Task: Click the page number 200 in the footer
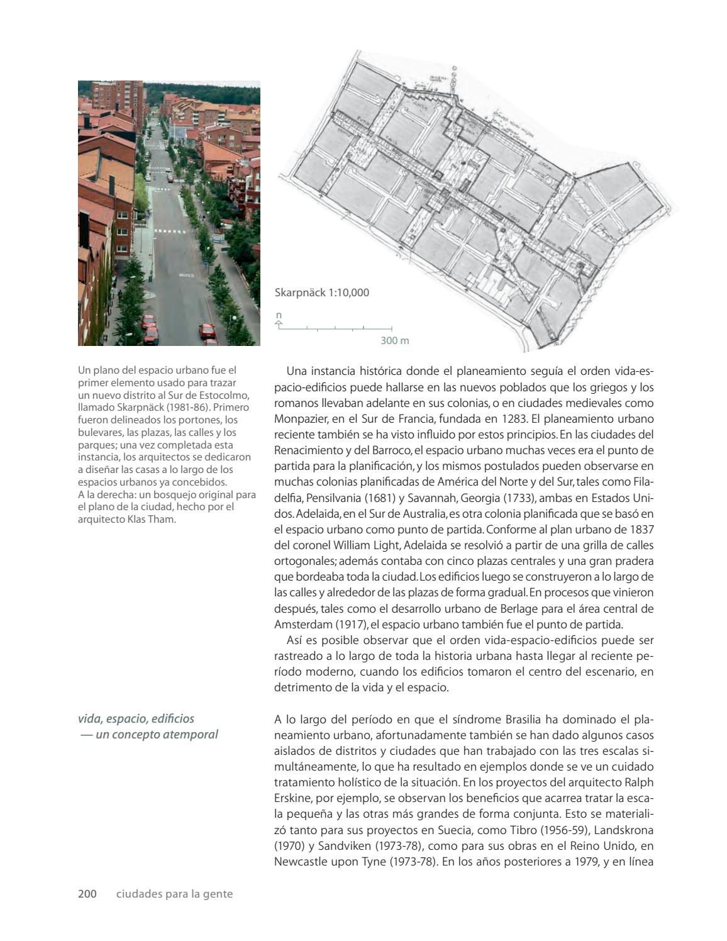[x=87, y=893]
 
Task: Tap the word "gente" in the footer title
[x=217, y=893]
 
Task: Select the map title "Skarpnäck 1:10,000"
[x=322, y=292]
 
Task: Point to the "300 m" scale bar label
[x=394, y=341]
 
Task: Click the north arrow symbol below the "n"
[x=279, y=325]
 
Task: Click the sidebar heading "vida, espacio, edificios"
[x=136, y=718]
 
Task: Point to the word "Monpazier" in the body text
[x=298, y=418]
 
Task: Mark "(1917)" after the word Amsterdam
[x=344, y=625]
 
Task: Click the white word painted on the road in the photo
[x=186, y=276]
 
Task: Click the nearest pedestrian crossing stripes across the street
[x=170, y=231]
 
